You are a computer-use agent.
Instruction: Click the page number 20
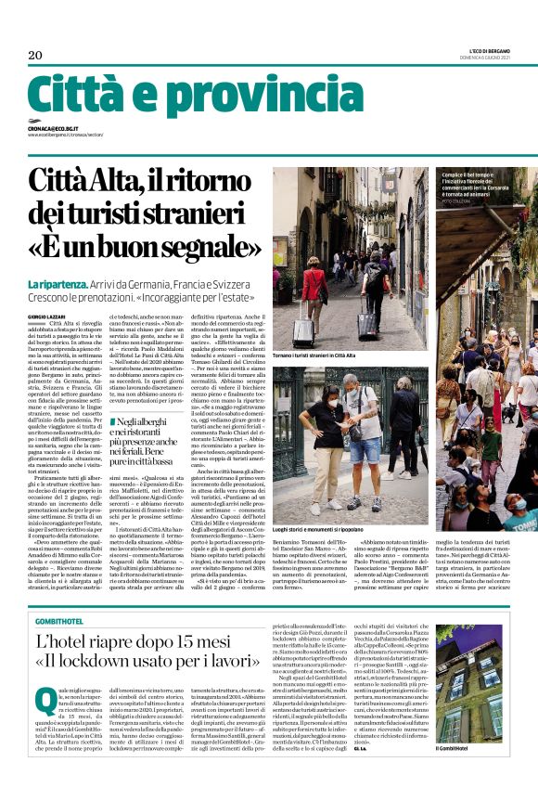pyautogui.click(x=36, y=56)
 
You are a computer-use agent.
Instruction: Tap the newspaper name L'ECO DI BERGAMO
pyautogui.click(x=482, y=51)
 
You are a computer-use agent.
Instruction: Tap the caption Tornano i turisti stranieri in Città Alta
pyautogui.click(x=325, y=355)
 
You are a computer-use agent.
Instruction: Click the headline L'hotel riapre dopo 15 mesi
pyautogui.click(x=138, y=641)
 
